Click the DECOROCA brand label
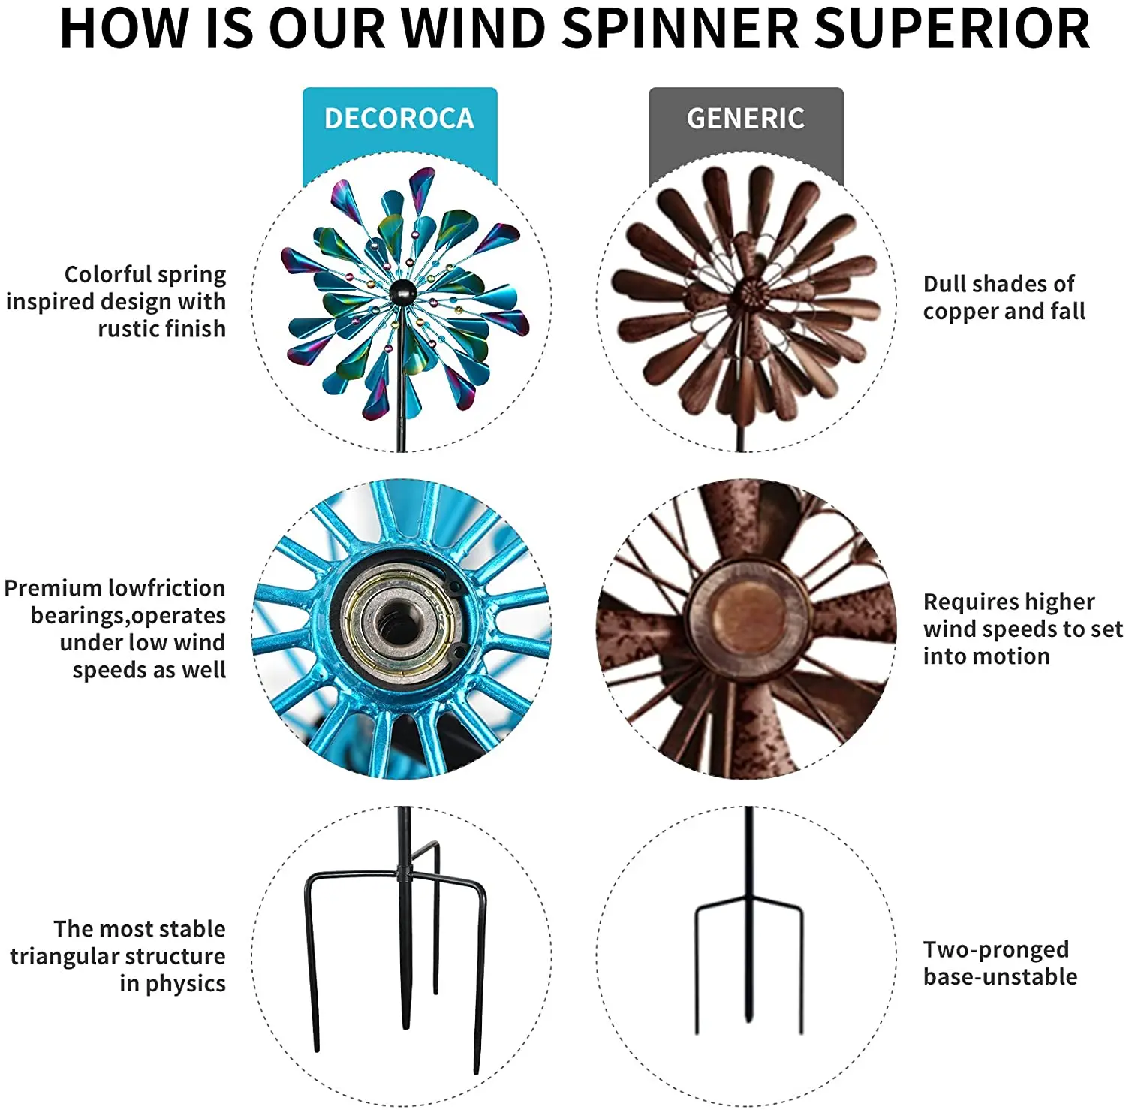[399, 119]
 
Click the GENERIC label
[745, 119]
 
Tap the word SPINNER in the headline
[680, 29]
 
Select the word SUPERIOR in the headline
[952, 29]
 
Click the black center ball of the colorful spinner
[402, 291]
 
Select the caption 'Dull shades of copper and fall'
[1004, 297]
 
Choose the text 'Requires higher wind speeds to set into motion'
[1021, 629]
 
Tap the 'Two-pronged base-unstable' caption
[999, 963]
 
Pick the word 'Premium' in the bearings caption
[52, 588]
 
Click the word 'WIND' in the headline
[473, 29]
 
